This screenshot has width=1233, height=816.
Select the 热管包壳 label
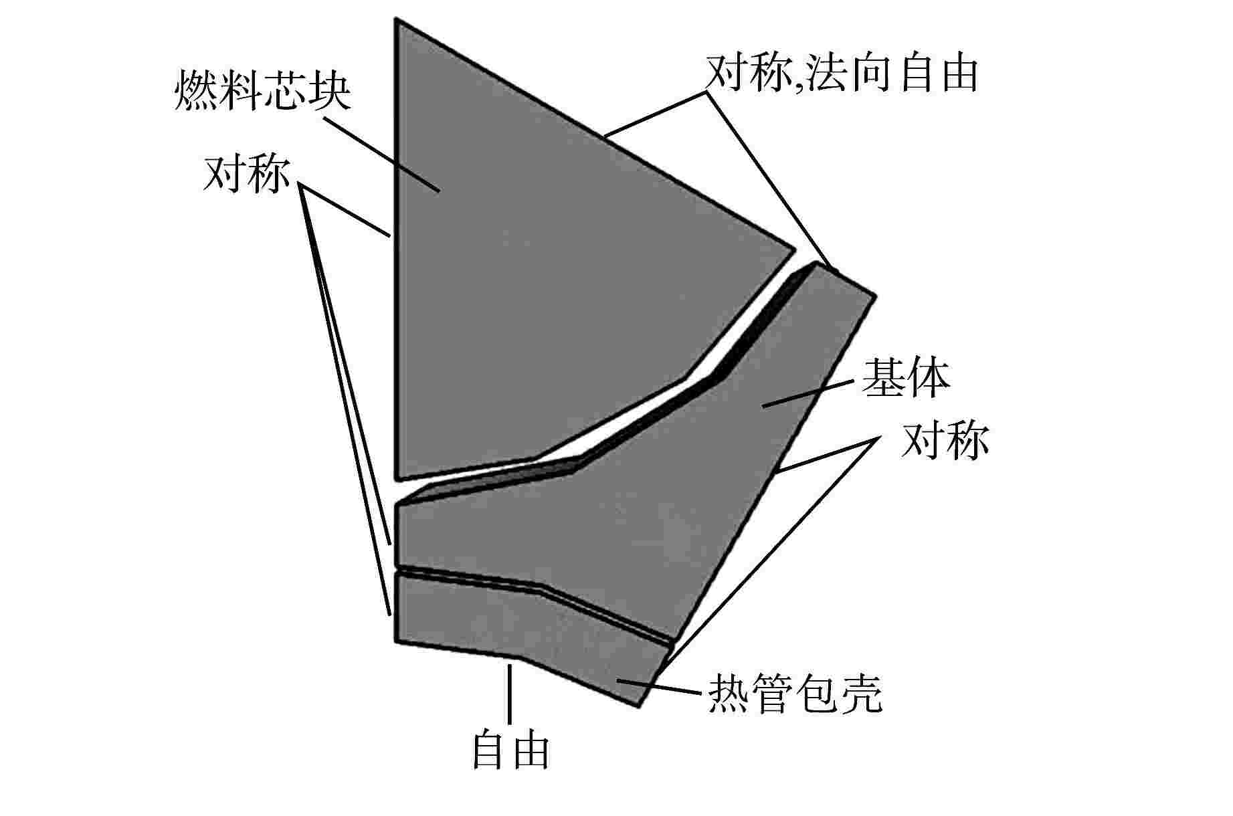795,693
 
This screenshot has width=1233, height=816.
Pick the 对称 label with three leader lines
247,175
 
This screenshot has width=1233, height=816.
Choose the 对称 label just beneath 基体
945,440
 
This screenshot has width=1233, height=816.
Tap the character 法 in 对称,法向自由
830,72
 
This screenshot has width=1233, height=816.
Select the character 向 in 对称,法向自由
878,72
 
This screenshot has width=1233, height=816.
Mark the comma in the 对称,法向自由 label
798,84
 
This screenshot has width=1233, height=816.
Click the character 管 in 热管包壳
773,693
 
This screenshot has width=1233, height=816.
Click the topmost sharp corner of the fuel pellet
398,22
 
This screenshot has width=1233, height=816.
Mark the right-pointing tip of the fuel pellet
793,249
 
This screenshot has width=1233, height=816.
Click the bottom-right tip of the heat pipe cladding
639,704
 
